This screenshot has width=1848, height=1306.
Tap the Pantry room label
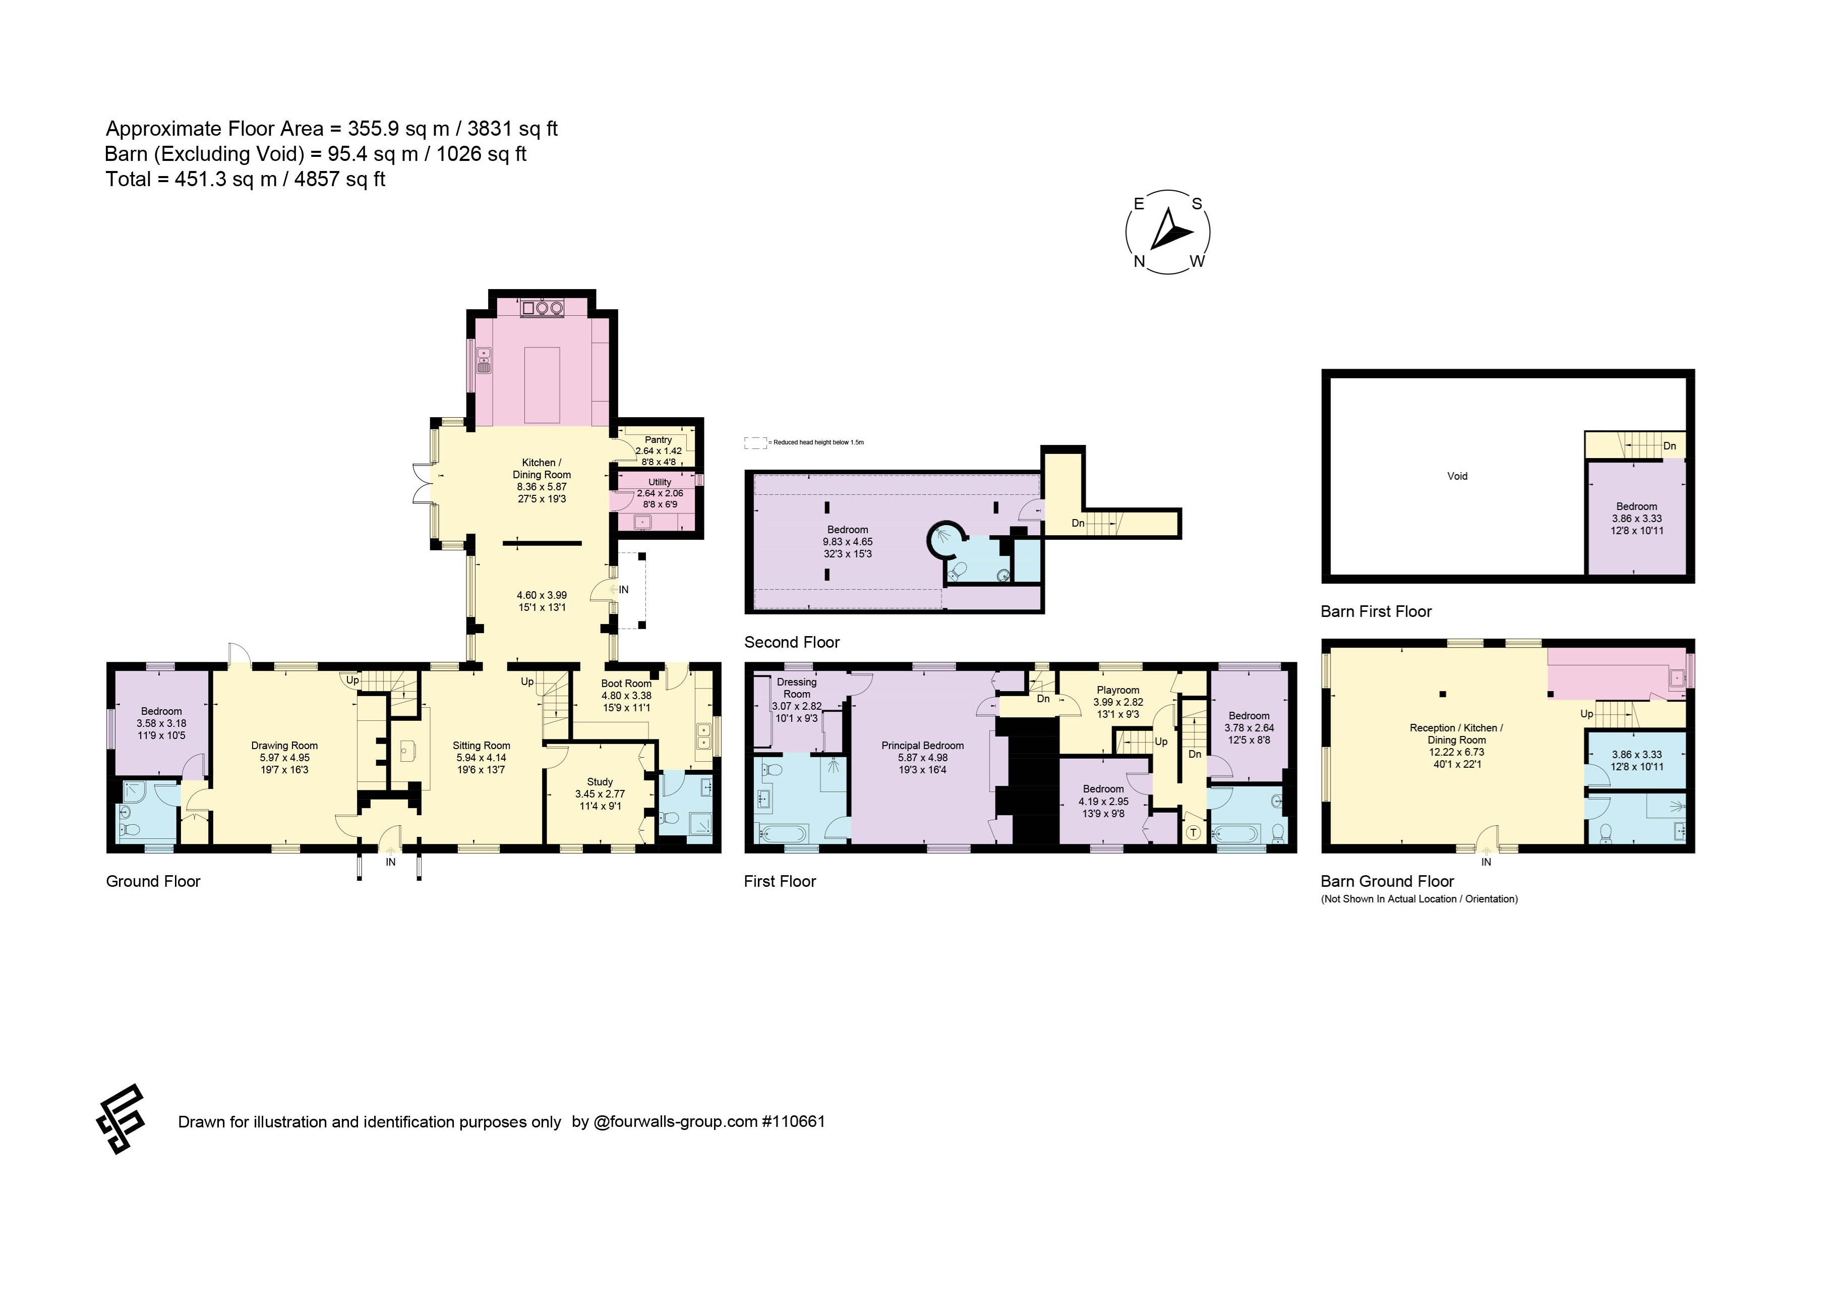659,440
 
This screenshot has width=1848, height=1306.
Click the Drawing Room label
284,746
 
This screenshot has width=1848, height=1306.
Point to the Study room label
600,782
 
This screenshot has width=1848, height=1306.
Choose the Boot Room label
626,684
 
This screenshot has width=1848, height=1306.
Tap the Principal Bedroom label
922,746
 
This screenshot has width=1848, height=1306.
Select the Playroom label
1118,690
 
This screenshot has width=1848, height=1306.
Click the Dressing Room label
797,688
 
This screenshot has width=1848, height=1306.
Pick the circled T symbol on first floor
1193,832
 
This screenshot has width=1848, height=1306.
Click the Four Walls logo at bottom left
121,1119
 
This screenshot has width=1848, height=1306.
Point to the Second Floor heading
792,642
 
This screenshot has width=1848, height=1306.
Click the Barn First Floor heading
1377,611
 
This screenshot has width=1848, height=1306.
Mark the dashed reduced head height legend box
755,442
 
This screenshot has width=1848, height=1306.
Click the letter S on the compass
1197,204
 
